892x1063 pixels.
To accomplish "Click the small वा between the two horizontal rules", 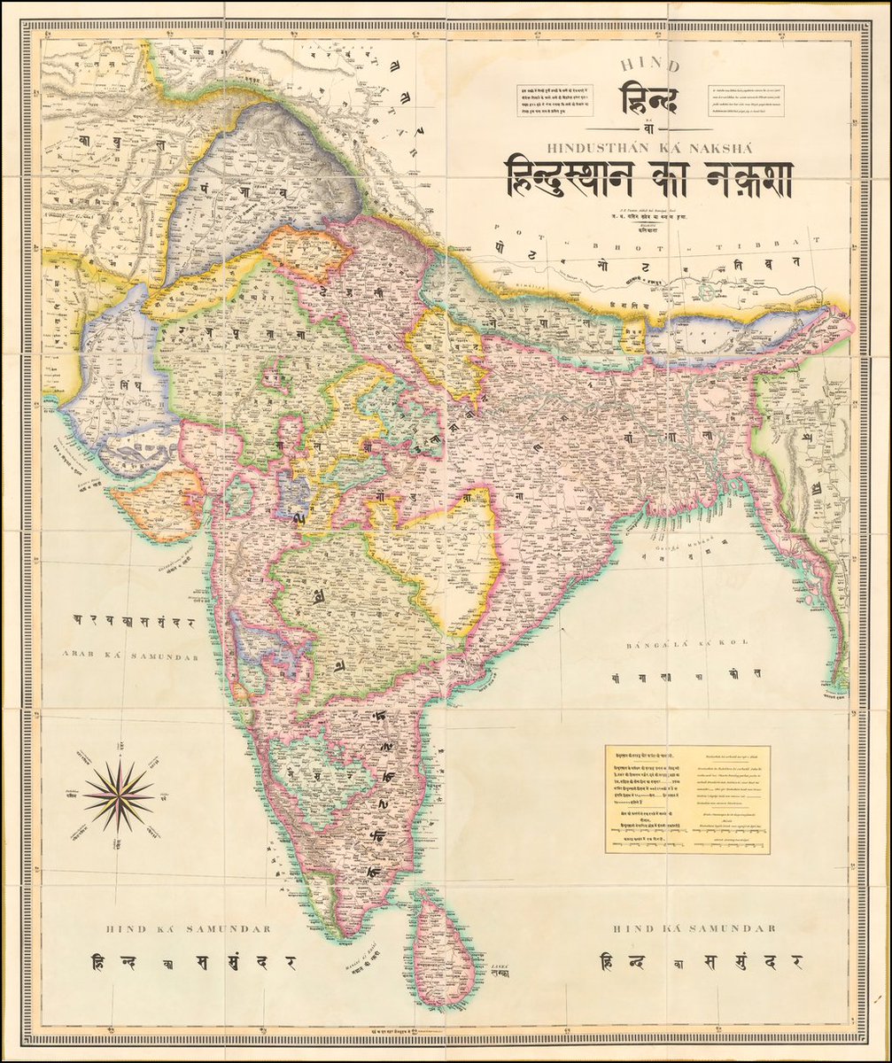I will click(x=648, y=128).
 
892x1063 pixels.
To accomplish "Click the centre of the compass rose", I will click(x=118, y=795).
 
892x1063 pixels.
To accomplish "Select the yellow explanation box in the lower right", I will click(x=687, y=799).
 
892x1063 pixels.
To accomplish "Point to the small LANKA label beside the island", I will click(x=499, y=968).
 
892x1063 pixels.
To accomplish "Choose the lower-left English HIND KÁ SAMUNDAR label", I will click(x=188, y=928).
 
